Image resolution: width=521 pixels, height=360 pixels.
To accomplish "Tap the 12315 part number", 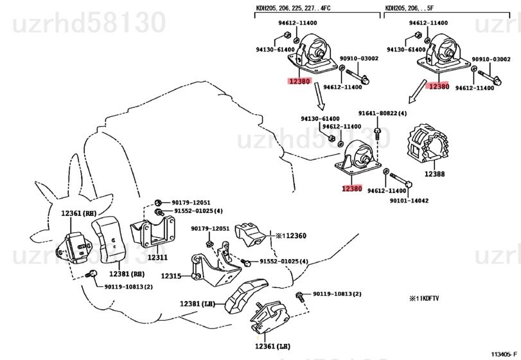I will click(172, 276).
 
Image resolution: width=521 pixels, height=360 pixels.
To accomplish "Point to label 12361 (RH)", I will click(79, 213).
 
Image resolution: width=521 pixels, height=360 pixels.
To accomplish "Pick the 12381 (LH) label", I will click(198, 303).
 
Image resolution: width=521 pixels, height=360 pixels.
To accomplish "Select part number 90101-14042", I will click(409, 201).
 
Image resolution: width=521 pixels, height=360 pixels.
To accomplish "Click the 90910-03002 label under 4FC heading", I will click(358, 59).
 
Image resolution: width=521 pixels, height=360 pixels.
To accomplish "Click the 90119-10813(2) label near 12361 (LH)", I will click(337, 294).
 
